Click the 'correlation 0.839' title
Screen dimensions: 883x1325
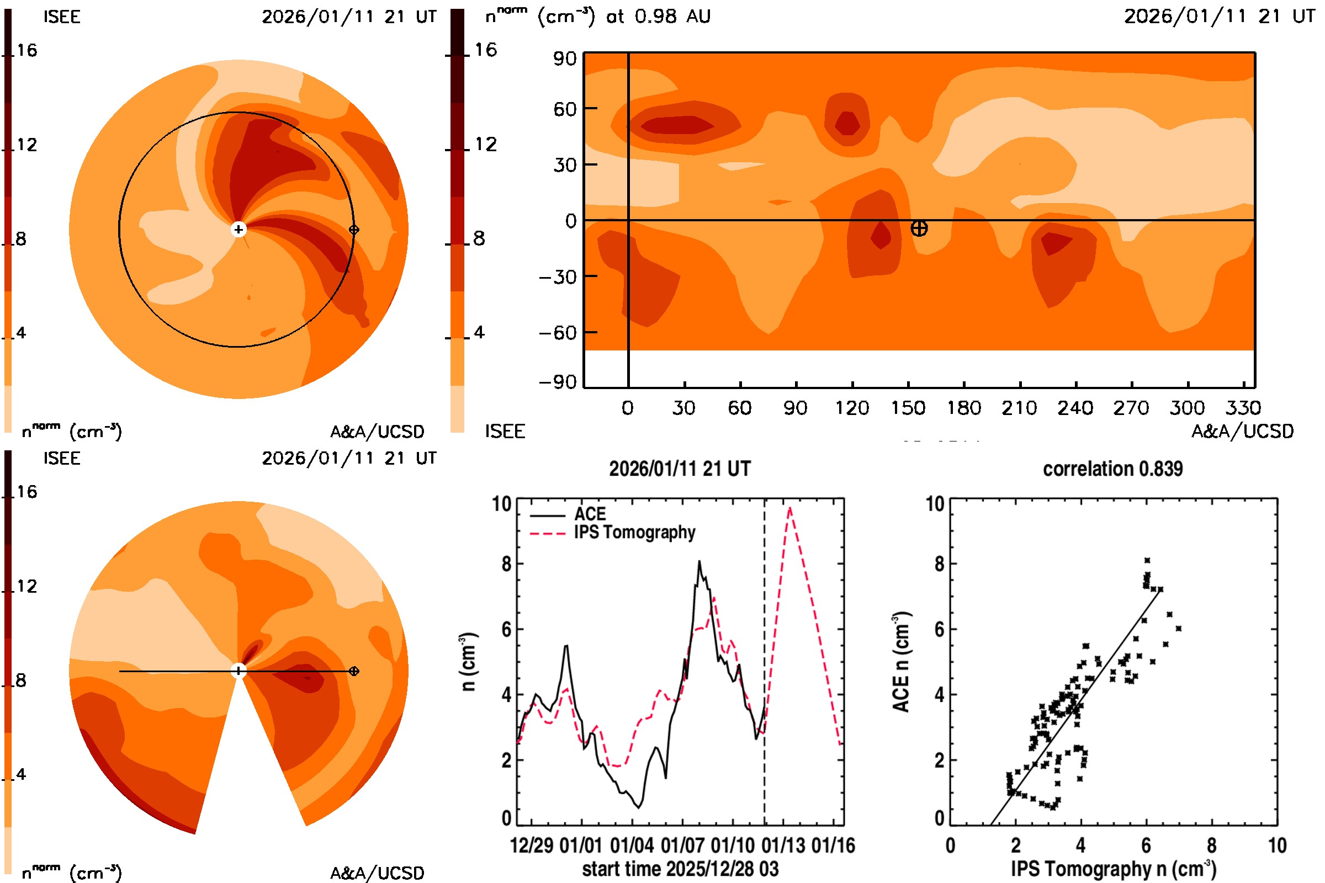(x=1112, y=469)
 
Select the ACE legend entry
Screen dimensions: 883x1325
(x=589, y=514)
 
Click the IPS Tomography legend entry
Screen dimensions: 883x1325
(x=634, y=532)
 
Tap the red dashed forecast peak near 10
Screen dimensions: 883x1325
(x=790, y=508)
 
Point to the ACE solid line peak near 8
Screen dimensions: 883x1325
(x=699, y=561)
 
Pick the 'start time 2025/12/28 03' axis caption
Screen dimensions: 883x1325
(x=680, y=869)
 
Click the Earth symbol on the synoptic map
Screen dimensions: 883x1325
(x=919, y=228)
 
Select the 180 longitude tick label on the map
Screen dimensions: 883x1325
(x=964, y=408)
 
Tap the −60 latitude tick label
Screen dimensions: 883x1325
(x=558, y=333)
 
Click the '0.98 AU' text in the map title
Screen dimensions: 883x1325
(x=672, y=17)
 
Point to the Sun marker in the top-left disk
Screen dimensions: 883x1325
(x=239, y=229)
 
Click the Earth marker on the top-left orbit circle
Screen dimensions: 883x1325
(x=354, y=229)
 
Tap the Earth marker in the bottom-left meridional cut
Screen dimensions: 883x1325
(x=354, y=671)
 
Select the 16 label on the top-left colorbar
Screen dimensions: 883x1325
(x=26, y=50)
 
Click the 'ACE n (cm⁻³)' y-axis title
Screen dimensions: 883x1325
(x=901, y=661)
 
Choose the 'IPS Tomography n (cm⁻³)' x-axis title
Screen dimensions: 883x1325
(x=1113, y=869)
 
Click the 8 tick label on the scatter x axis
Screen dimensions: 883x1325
(x=1212, y=845)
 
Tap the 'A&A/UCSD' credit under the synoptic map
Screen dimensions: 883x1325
(x=1242, y=432)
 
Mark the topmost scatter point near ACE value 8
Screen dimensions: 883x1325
(x=1147, y=560)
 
